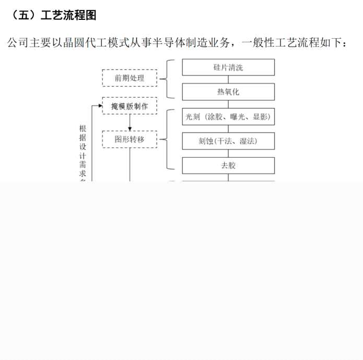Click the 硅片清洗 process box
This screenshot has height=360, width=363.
point(228,67)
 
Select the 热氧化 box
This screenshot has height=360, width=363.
point(228,92)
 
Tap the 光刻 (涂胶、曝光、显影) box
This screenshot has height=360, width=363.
point(228,117)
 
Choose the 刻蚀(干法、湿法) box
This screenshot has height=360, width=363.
point(228,141)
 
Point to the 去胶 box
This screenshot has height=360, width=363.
point(228,166)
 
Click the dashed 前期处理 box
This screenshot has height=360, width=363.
point(130,78)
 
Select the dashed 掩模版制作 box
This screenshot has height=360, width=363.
point(130,106)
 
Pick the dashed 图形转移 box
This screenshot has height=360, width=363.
point(130,140)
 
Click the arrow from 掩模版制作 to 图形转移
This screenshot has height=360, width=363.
point(130,123)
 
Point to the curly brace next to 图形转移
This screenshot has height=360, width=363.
point(168,140)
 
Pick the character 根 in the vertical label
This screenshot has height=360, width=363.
point(83,129)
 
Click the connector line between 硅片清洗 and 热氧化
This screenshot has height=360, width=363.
point(228,80)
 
